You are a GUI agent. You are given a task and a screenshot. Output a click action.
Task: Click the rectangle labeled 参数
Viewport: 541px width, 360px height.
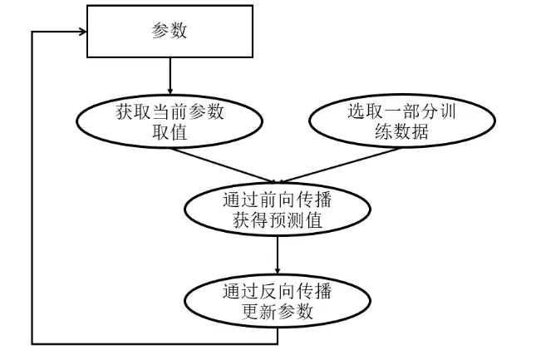(170, 32)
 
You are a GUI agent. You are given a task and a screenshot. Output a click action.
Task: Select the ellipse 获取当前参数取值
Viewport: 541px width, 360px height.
(170, 122)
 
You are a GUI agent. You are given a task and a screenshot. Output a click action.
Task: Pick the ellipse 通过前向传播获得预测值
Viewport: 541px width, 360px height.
(278, 211)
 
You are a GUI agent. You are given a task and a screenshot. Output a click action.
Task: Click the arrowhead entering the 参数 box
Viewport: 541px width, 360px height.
(82, 32)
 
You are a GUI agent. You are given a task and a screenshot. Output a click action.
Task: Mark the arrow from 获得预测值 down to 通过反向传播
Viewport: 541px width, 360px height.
(278, 257)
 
